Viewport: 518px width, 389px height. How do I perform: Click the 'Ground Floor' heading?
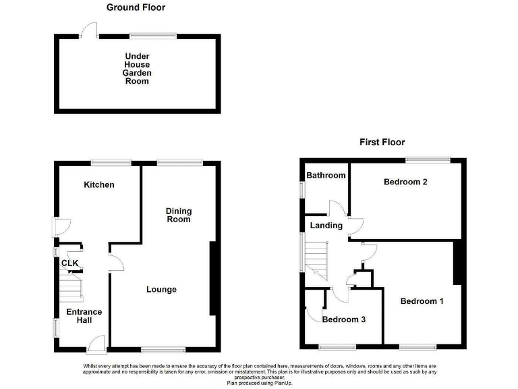[136, 7]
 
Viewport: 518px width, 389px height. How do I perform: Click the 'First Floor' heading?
[382, 142]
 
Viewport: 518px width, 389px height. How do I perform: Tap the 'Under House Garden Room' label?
[137, 68]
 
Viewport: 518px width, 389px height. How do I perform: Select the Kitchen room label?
[99, 184]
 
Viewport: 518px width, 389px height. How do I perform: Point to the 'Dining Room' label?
[179, 215]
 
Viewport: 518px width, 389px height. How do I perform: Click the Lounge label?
[162, 290]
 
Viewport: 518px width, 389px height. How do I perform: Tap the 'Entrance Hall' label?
[84, 316]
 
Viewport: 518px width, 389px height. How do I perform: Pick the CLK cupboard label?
[69, 263]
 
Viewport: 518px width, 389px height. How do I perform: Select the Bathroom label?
[326, 176]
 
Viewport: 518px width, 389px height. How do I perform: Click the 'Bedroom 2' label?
[406, 182]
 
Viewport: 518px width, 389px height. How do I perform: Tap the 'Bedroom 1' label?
[422, 301]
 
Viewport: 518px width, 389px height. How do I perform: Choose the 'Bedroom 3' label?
[343, 319]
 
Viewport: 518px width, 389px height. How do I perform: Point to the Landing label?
[326, 226]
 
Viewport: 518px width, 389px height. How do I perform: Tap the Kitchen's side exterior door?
[59, 226]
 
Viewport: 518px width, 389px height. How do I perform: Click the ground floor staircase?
[70, 286]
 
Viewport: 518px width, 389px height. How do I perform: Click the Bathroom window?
[302, 189]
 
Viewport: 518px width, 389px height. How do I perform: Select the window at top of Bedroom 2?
[428, 159]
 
